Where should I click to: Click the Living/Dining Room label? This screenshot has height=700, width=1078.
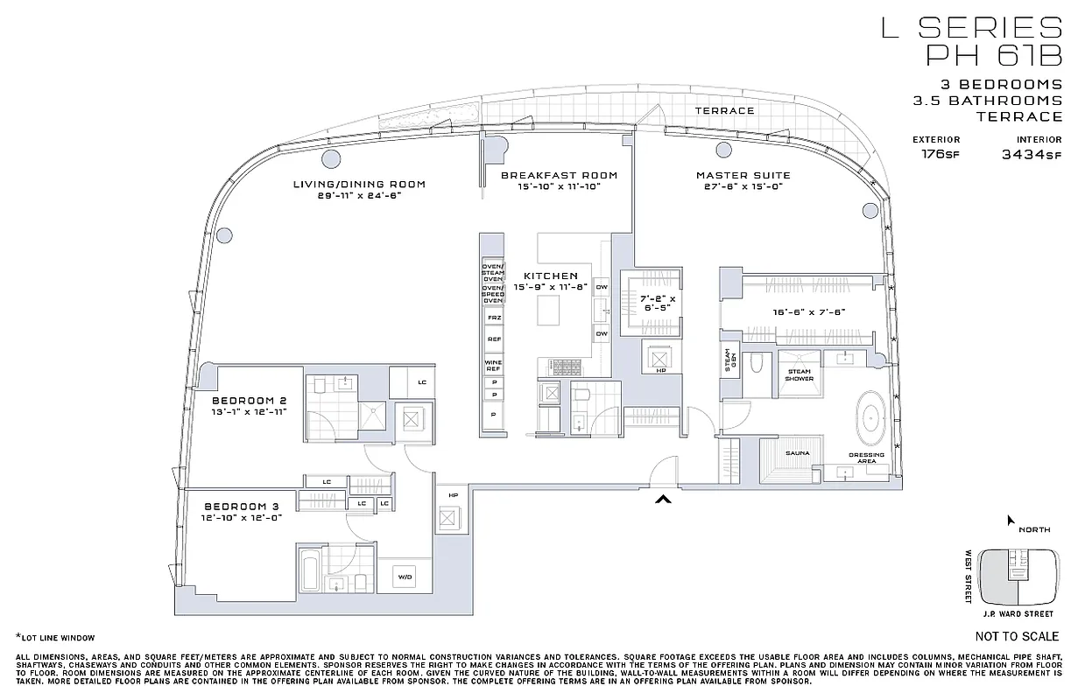(x=359, y=184)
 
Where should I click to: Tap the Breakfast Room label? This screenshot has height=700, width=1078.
(x=559, y=175)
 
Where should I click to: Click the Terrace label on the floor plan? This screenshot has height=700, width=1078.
(x=724, y=111)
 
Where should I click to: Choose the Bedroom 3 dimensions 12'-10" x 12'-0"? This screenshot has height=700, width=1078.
(x=242, y=518)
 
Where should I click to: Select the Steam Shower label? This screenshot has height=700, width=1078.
(x=798, y=375)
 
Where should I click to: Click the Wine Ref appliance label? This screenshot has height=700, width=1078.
(x=493, y=366)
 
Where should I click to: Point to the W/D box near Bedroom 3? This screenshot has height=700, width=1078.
(x=405, y=577)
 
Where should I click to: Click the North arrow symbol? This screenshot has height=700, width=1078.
(x=1011, y=521)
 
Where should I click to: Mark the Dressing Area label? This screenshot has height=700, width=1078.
(x=866, y=458)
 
